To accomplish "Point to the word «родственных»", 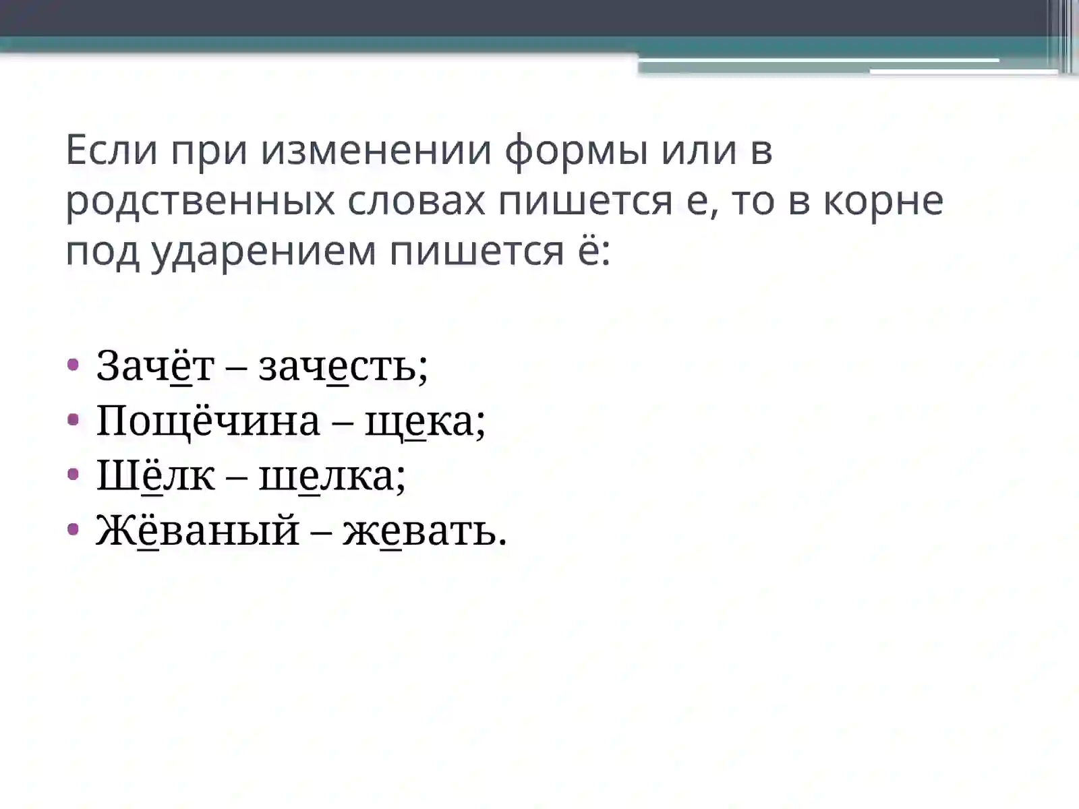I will point(200,201).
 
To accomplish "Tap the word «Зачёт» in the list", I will point(155,366).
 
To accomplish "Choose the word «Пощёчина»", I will point(208,421).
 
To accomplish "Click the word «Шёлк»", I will point(156,476).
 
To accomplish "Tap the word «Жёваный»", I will point(198,531).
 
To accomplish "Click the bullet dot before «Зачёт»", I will point(74,365).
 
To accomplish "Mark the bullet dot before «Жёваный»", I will point(74,530).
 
